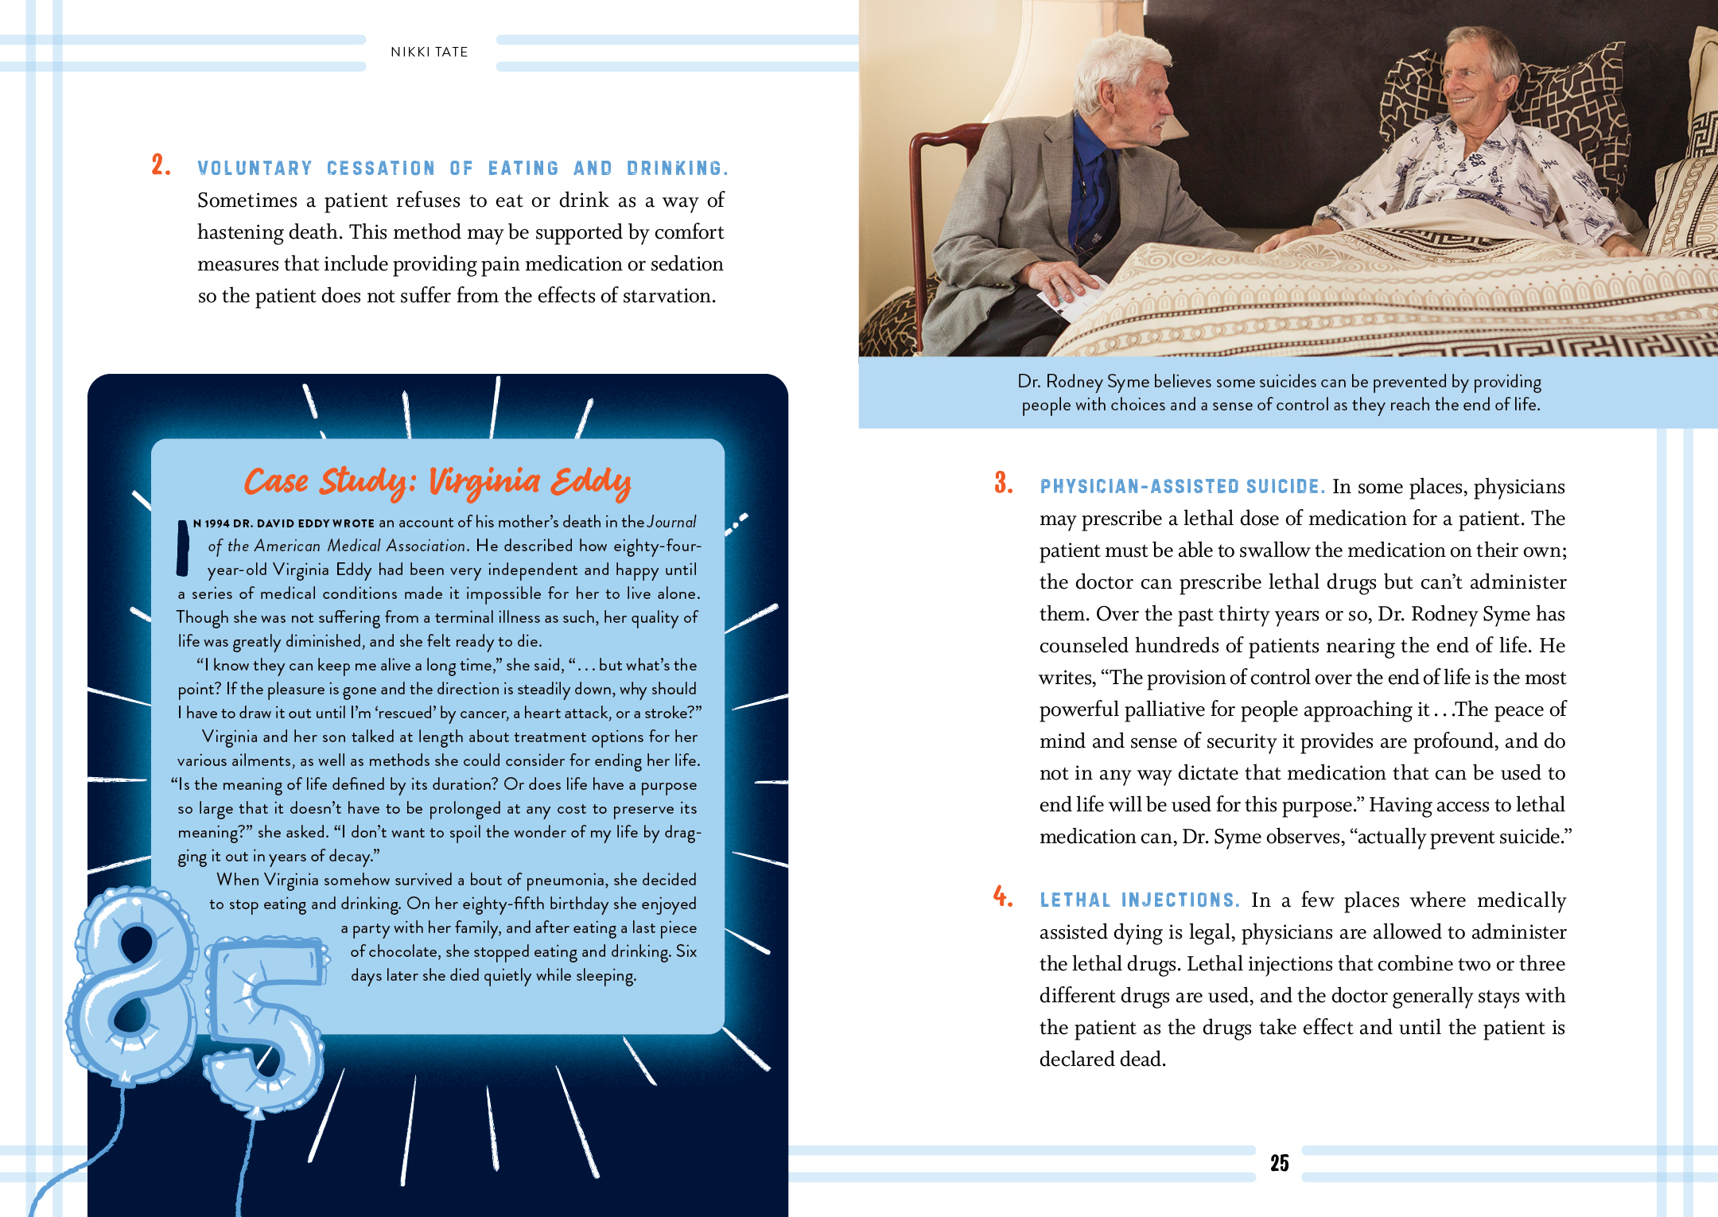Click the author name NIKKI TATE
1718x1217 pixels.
(429, 52)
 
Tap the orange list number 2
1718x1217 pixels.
(160, 165)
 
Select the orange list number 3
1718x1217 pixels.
(1003, 483)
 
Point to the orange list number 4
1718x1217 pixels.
(1002, 897)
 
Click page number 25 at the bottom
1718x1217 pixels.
(1279, 1163)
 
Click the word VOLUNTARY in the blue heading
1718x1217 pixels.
(255, 169)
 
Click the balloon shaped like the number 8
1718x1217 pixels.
(134, 986)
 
